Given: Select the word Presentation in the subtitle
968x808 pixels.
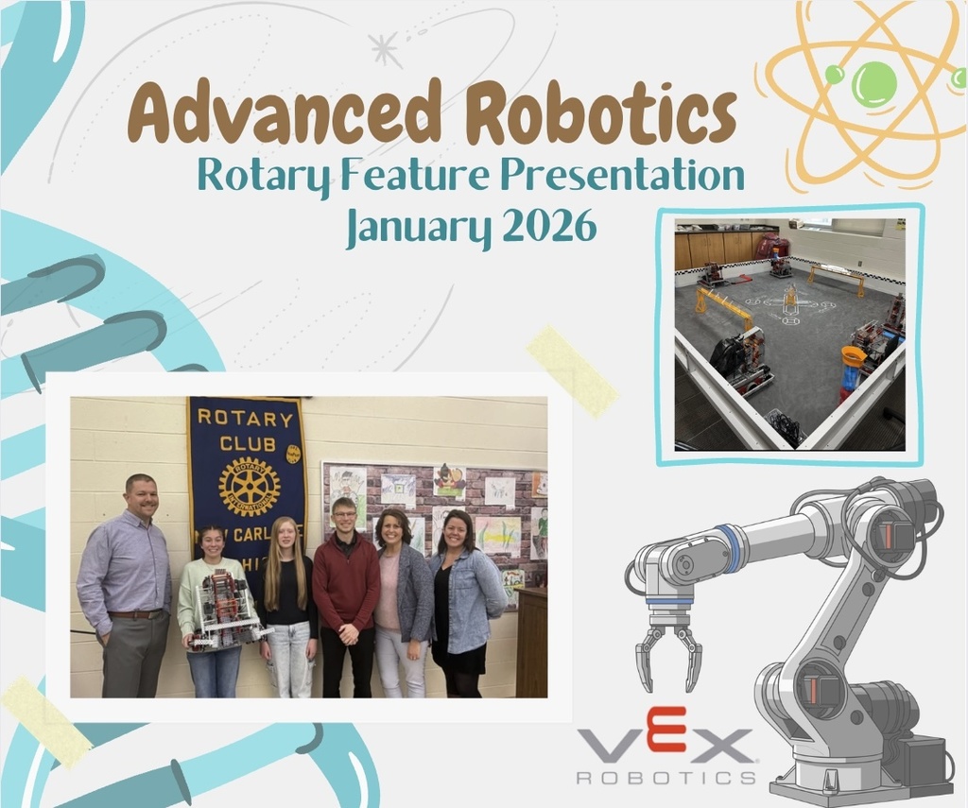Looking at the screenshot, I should click(623, 175).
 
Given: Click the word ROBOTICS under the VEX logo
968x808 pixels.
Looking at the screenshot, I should click(665, 777).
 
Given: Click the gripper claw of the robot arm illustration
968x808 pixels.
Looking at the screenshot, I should click(668, 653).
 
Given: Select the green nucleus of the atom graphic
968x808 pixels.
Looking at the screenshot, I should click(873, 83).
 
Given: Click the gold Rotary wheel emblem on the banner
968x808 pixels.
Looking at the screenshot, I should click(249, 486).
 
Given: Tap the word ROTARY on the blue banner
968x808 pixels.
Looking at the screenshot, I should click(246, 419).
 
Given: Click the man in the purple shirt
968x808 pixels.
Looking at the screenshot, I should click(128, 586).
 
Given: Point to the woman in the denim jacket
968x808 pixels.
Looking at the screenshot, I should click(463, 595).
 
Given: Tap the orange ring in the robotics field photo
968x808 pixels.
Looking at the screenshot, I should click(853, 356).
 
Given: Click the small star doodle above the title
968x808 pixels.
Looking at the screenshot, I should click(385, 48).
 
